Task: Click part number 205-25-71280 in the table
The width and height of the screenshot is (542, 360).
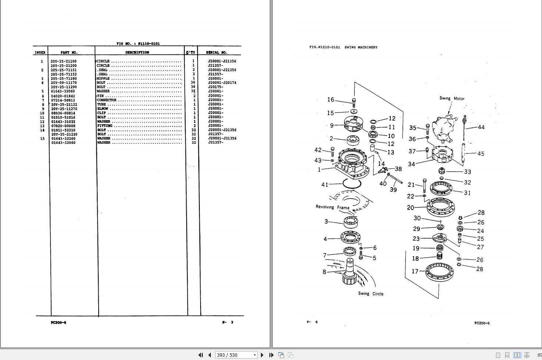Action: coord(64,79)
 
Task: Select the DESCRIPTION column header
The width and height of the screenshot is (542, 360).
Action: coord(137,53)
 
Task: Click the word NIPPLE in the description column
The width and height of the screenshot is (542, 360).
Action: coord(103,79)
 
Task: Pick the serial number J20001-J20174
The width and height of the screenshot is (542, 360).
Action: coord(222,83)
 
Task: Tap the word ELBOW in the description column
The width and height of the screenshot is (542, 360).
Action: coord(103,109)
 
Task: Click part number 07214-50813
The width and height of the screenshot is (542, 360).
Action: coord(63,100)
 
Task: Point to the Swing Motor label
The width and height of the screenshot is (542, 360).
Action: coord(451,99)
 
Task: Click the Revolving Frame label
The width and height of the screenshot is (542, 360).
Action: coord(332,207)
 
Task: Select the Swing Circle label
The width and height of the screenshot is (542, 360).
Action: coord(371,294)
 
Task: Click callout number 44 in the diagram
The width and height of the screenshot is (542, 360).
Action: coord(481,127)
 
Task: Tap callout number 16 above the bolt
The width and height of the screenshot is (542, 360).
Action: coord(330,100)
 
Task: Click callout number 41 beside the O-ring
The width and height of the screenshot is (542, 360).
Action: coord(324,185)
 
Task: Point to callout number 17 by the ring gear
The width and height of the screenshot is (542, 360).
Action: coord(415,271)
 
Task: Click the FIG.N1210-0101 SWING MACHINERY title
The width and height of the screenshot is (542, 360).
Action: coord(343,47)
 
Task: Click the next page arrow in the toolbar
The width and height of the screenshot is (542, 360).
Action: coord(262,355)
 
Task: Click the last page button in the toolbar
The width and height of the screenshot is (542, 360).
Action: coord(271,355)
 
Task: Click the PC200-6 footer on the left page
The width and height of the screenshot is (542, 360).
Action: coord(59,322)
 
